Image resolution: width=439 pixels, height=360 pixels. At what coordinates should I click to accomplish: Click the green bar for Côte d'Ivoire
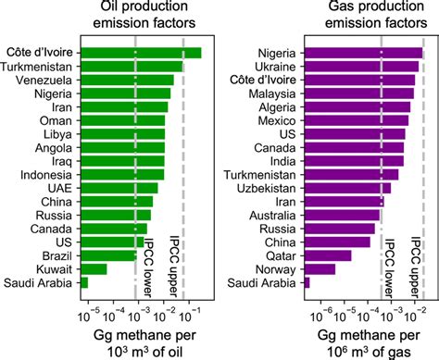coord(141,53)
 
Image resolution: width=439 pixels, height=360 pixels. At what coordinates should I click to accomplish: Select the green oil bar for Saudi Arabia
coord(84,282)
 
